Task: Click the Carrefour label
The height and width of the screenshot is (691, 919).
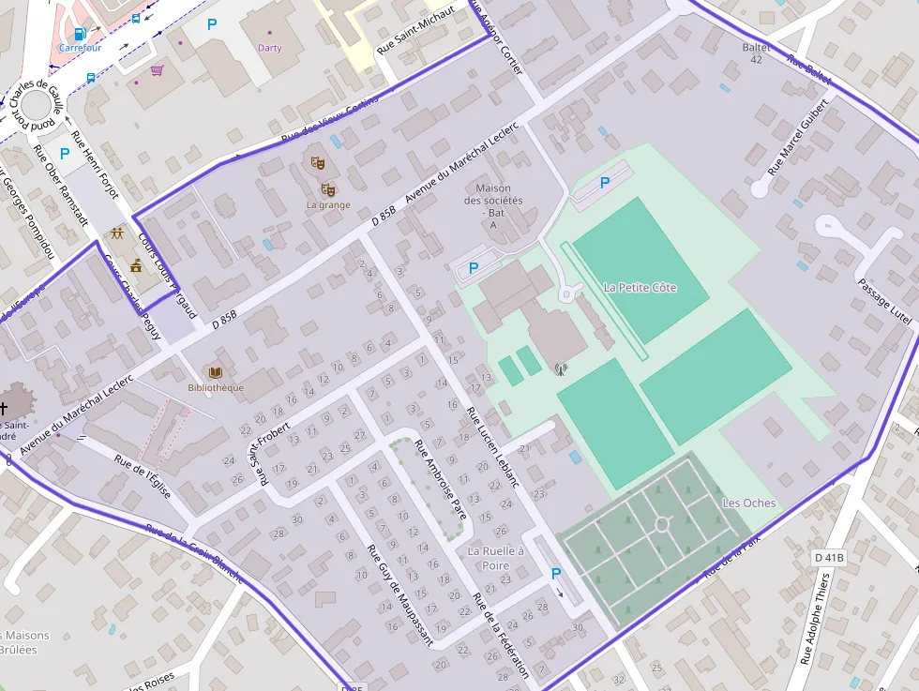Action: coord(80,48)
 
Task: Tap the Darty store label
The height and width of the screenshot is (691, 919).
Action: coord(269,48)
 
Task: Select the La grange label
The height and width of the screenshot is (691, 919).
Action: coord(328,205)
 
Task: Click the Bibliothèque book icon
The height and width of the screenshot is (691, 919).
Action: coord(215,372)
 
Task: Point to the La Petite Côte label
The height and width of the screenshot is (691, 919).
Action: coord(640,288)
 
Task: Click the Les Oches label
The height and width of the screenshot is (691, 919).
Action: coord(748,503)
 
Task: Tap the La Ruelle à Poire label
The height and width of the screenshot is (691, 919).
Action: coord(495,558)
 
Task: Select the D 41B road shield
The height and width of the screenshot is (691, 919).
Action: coord(829,558)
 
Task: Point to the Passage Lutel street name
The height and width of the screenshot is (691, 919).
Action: coord(884,302)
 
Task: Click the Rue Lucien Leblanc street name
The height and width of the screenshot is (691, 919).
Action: coord(493,445)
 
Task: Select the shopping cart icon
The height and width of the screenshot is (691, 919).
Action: coord(157,70)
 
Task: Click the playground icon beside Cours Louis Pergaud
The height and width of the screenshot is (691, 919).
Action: coord(116,233)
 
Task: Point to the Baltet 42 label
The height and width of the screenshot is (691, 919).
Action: coord(756,53)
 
